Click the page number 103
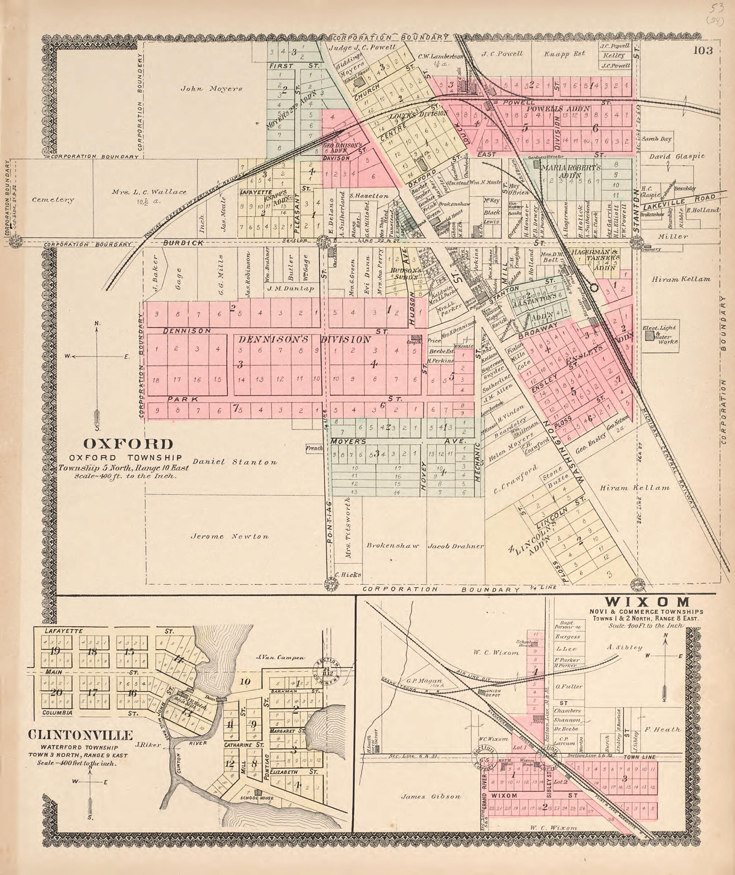point(703,51)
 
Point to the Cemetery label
point(53,200)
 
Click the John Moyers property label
point(211,88)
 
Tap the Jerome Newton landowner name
point(229,537)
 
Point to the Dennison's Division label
point(304,340)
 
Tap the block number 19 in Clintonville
point(54,651)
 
